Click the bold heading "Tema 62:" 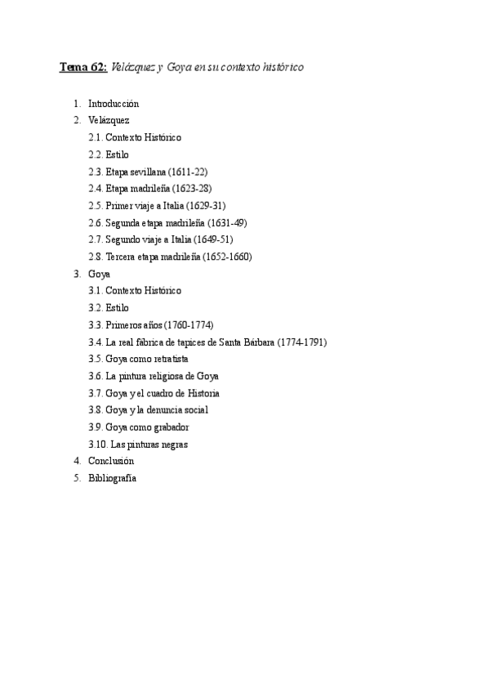coord(83,67)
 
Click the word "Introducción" coord(114,104)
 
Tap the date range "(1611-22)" coord(187,172)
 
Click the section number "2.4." coord(96,188)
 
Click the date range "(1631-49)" coord(227,222)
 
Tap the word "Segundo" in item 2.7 coord(123,239)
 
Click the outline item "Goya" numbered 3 coord(99,274)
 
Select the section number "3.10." coord(98,445)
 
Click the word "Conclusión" coord(111,461)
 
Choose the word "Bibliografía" coord(112,478)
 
